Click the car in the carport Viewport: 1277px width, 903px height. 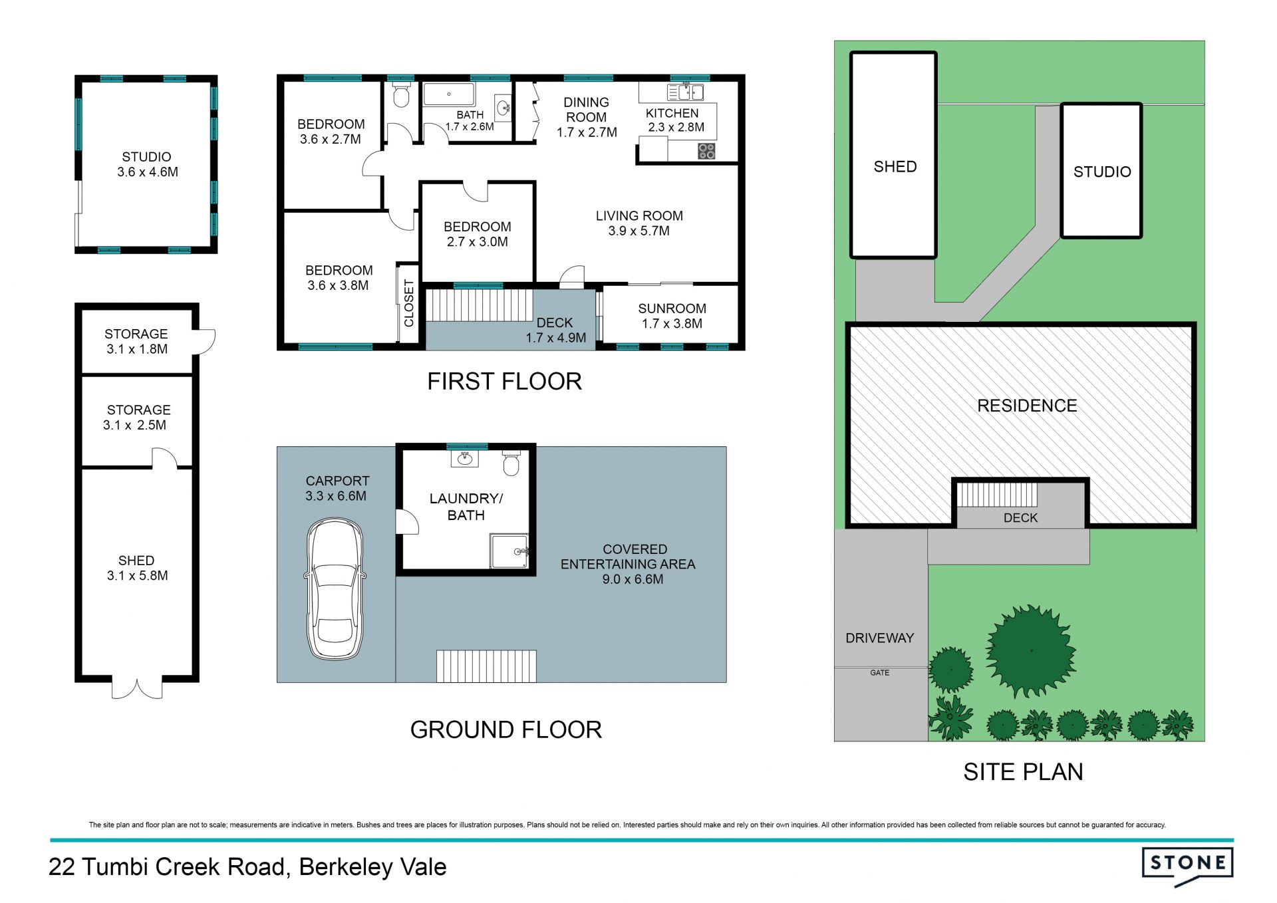click(x=335, y=588)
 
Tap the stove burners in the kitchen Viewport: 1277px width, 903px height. click(x=706, y=151)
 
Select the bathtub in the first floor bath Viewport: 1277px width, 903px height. click(x=449, y=94)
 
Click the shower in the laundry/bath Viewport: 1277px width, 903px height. click(x=509, y=551)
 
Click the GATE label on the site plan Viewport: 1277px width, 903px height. click(x=879, y=673)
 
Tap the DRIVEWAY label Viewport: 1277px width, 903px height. click(x=879, y=638)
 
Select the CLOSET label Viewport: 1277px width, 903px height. click(x=409, y=303)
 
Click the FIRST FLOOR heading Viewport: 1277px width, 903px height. click(x=504, y=381)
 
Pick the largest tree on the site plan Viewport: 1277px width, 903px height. click(x=1030, y=651)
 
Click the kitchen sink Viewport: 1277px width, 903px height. click(x=686, y=91)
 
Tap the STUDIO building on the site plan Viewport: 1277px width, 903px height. click(x=1101, y=171)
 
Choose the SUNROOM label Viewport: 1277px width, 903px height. click(x=672, y=309)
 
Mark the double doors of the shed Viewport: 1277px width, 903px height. click(x=137, y=689)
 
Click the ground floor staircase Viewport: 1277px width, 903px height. click(x=486, y=666)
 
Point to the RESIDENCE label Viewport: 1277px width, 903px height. click(x=1027, y=406)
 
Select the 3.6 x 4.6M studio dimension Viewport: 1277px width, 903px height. click(x=148, y=172)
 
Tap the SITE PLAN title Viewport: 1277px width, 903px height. click(x=1023, y=772)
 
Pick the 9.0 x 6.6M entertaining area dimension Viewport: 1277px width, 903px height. click(x=633, y=579)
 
